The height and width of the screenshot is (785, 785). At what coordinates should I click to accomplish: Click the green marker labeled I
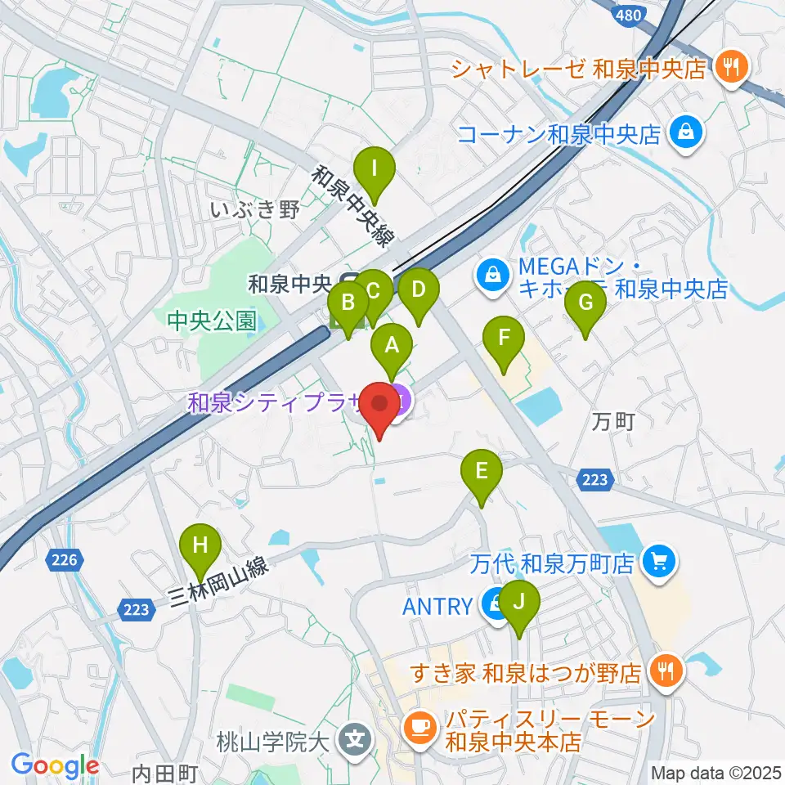point(375,169)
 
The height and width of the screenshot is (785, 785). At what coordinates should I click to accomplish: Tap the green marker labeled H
point(200,543)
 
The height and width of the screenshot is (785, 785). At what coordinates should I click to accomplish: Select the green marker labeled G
point(585,303)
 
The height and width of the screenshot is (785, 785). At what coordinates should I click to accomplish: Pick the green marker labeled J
point(519,602)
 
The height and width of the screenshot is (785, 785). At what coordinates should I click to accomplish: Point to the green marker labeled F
point(504,337)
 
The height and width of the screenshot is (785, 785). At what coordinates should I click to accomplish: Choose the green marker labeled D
point(419,289)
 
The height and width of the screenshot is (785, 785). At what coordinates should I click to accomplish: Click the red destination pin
point(380,405)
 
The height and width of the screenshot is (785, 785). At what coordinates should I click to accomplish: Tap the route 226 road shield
point(65,560)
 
